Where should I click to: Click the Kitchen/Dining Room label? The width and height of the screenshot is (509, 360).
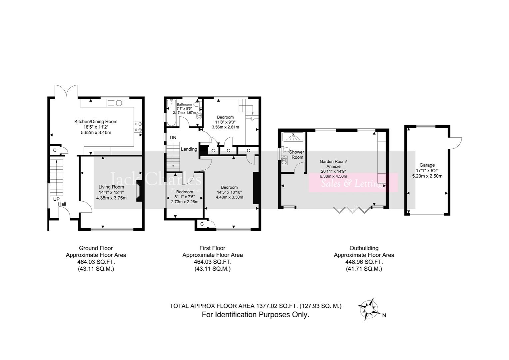click(96, 122)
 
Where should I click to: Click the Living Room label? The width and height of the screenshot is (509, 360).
click(111, 187)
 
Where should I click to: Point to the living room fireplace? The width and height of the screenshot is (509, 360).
click(139, 192)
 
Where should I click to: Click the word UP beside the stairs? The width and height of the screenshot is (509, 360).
click(56, 199)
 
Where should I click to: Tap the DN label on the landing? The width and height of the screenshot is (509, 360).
click(173, 138)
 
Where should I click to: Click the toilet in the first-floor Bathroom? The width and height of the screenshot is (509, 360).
click(197, 104)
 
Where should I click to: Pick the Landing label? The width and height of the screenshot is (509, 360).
click(189, 149)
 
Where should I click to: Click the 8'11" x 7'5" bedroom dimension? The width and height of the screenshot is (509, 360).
click(184, 197)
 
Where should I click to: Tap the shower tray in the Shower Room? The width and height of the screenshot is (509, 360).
click(293, 137)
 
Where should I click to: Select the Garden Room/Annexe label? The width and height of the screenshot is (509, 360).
click(333, 164)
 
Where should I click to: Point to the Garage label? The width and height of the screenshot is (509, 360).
click(427, 165)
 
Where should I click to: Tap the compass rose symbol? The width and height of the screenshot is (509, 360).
click(368, 309)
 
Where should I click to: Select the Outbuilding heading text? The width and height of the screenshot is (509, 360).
click(364, 248)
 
